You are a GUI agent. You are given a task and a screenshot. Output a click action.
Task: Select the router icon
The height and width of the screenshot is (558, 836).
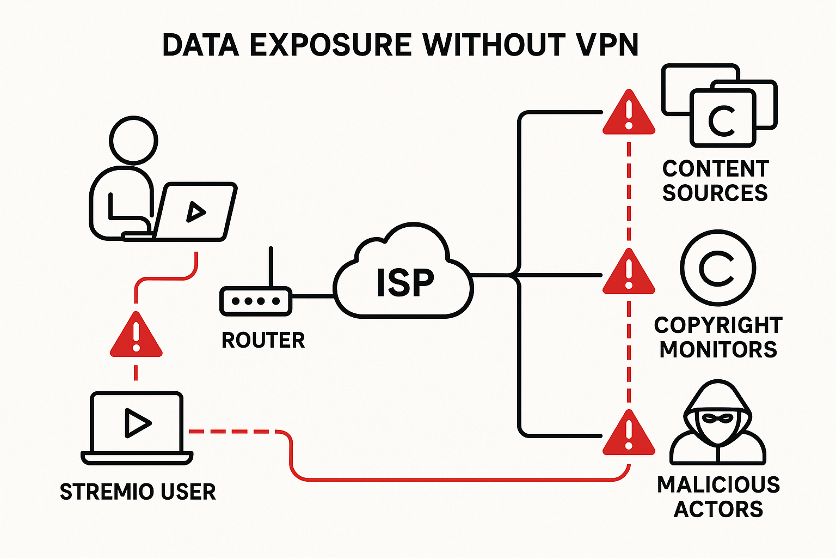tap(256, 301)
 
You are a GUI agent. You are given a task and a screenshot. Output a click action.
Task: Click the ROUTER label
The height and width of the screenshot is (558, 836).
tap(263, 341)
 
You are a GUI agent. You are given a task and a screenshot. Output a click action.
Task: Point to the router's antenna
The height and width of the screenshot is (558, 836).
tap(271, 267)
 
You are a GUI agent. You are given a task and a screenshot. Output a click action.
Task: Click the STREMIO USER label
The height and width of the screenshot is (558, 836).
tap(138, 492)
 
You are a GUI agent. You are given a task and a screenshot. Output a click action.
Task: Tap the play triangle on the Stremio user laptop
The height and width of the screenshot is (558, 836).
tap(137, 422)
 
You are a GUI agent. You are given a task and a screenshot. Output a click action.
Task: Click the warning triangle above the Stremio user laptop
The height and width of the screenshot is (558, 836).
tap(136, 336)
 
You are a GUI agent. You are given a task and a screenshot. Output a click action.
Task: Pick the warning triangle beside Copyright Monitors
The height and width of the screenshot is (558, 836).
tap(629, 273)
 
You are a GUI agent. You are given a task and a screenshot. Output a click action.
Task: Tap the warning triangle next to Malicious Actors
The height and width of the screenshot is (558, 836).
tap(629, 434)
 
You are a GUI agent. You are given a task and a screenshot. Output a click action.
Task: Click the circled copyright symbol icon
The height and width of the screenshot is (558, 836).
tap(717, 268)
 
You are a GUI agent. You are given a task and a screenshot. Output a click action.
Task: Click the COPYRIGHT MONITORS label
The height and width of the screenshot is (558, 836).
tap(718, 337)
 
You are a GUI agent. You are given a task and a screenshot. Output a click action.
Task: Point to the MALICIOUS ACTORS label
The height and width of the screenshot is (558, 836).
tap(718, 496)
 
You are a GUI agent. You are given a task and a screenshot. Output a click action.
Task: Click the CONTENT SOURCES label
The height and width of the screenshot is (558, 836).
tap(715, 181)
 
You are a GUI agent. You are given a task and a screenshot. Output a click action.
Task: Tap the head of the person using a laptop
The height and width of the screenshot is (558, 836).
tap(133, 139)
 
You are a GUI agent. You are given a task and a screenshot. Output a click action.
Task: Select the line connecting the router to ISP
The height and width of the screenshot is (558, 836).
tap(313, 296)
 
